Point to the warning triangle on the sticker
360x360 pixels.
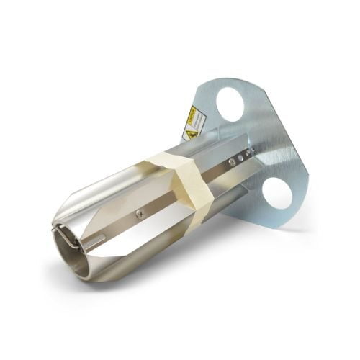pos(192,133)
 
